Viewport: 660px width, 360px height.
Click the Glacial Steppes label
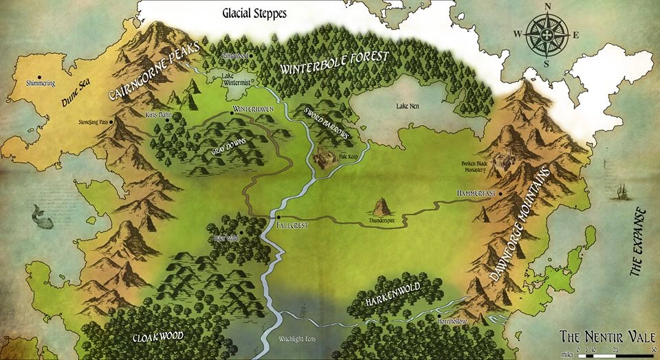(254, 12)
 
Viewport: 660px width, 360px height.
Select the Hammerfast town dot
(500, 194)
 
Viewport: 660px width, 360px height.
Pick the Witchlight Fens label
(296, 339)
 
